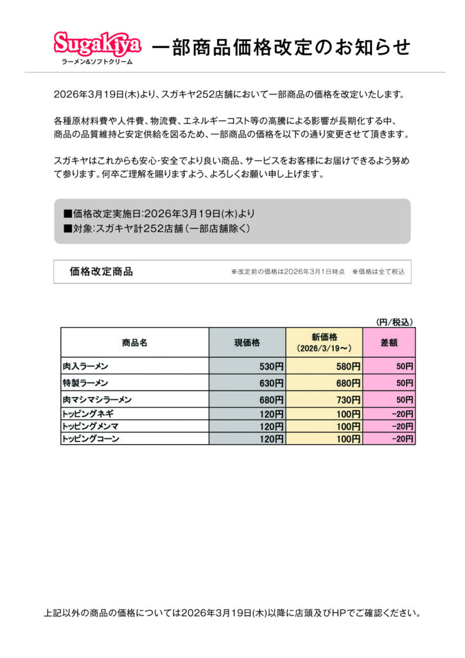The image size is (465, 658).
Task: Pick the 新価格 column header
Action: pos(324,342)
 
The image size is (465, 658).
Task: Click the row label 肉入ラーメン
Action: pos(85,366)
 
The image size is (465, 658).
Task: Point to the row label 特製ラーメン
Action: pos(85,383)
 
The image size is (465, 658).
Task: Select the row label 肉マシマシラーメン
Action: pos(97,400)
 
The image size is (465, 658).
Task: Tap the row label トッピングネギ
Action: pos(88,413)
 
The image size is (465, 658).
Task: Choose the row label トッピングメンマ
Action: pos(90,426)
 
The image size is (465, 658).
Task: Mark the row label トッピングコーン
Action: pos(91,439)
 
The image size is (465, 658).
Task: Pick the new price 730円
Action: pos(347,400)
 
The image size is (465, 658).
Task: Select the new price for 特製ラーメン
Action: pos(347,383)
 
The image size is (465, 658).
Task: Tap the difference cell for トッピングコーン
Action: pos(402,439)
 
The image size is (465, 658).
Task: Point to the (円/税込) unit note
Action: pos(394,321)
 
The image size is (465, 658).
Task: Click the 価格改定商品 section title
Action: pos(101,272)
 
